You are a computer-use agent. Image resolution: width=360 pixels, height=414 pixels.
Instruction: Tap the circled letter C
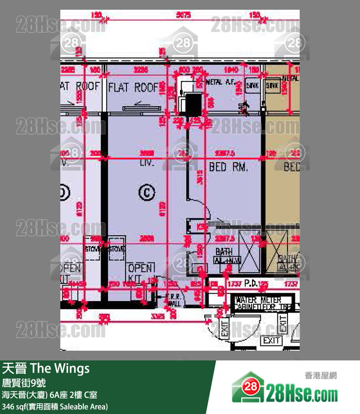[145, 193]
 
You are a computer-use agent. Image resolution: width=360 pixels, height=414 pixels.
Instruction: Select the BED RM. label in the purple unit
[228, 167]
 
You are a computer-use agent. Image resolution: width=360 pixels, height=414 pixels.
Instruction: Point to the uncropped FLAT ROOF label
[133, 87]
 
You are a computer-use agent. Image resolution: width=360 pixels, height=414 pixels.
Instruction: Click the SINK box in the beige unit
[271, 85]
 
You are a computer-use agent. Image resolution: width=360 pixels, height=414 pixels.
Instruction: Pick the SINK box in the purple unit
[252, 85]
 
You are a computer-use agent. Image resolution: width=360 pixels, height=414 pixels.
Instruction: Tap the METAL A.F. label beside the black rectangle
[221, 82]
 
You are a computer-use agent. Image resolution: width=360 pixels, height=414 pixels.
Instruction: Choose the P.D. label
[251, 283]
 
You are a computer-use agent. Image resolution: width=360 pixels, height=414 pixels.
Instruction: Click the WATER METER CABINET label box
[263, 303]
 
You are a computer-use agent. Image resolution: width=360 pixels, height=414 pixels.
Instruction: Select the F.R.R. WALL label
[174, 300]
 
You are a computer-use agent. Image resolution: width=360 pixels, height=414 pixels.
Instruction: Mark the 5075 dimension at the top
[183, 15]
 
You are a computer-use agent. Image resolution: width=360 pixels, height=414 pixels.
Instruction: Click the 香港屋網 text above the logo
[320, 376]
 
